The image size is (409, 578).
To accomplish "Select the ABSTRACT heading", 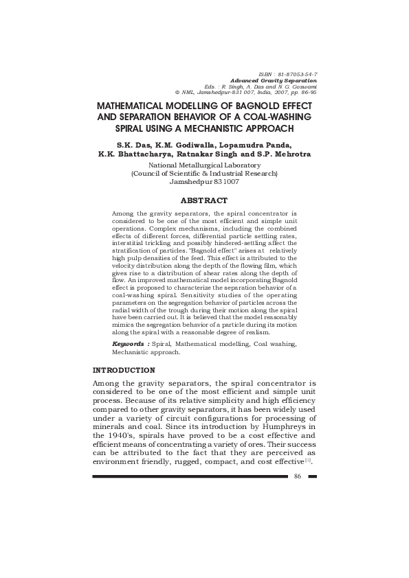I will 203,200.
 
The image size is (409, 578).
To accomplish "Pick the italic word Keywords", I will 129,343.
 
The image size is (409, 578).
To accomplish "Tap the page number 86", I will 298,476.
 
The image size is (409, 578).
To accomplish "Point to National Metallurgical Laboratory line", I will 204,165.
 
